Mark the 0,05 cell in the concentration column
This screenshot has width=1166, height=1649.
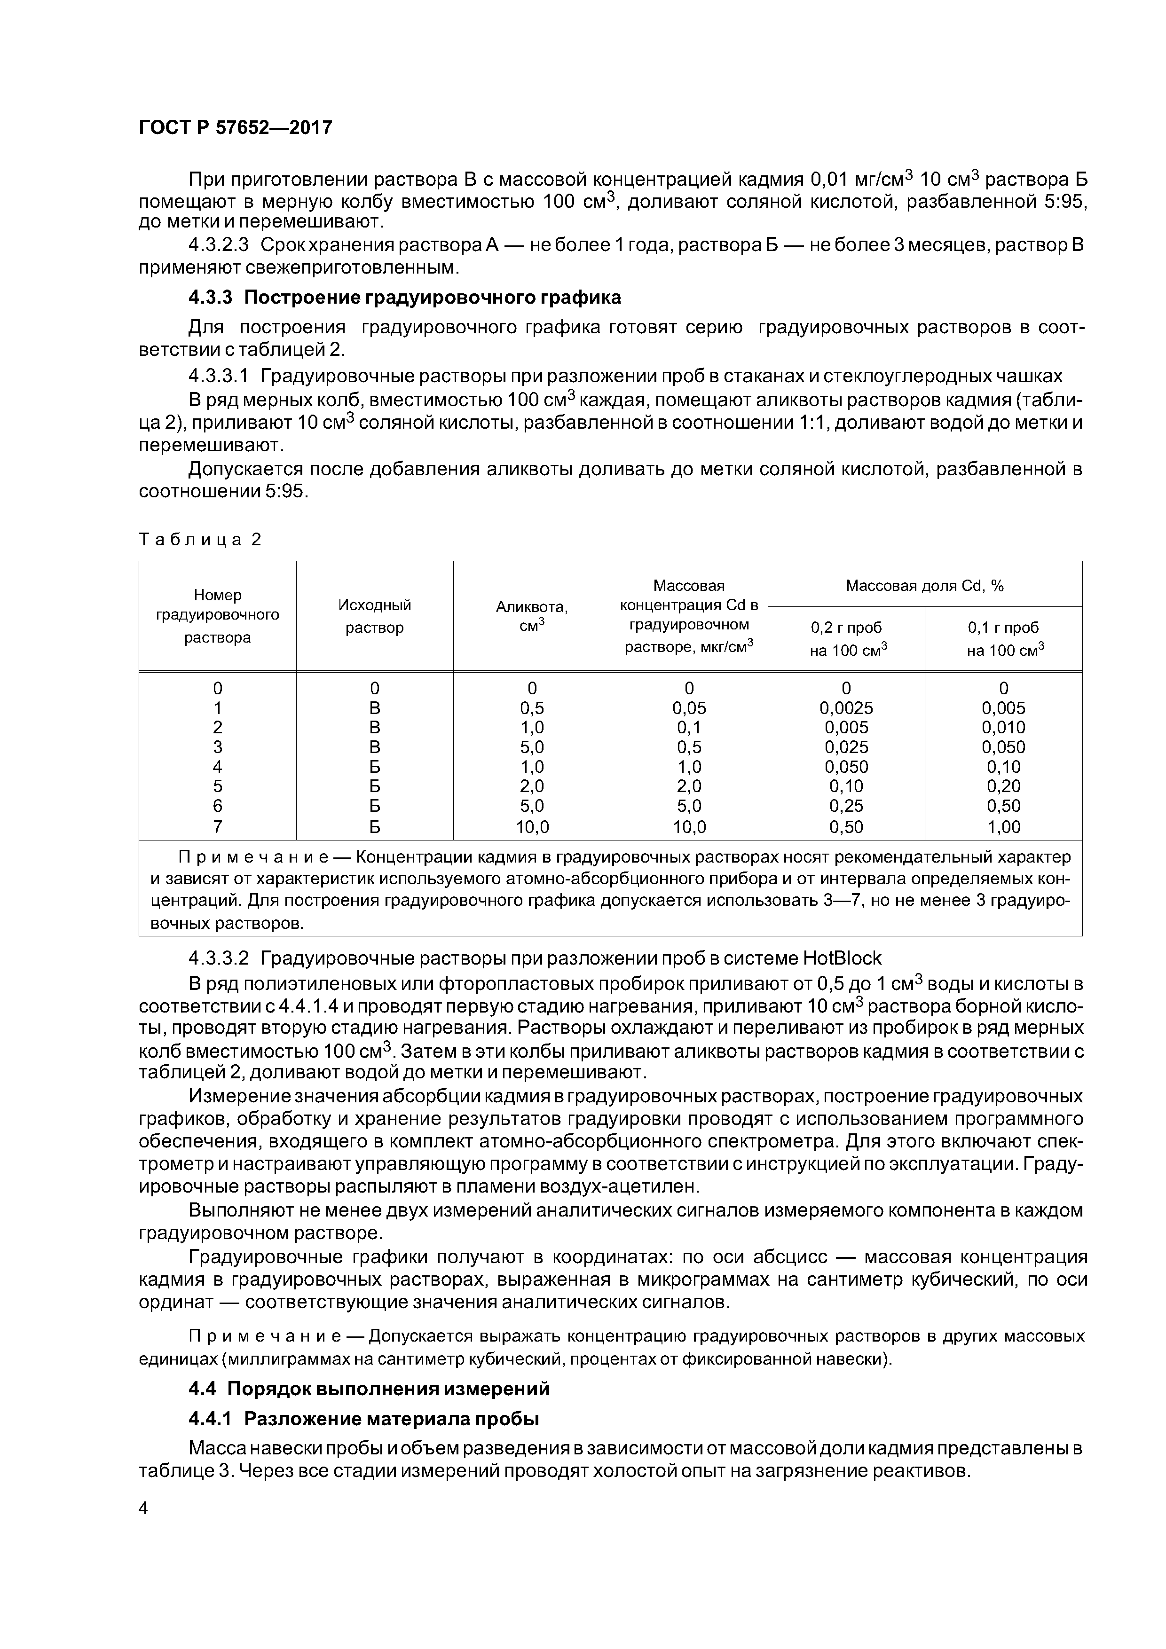click(x=688, y=708)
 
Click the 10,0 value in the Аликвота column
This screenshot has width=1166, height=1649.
click(x=532, y=827)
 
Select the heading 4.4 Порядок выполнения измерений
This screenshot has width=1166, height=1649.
click(x=369, y=1389)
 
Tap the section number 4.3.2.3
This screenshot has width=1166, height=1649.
click(x=219, y=245)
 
